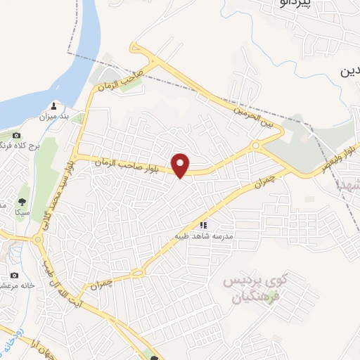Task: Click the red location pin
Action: tap(181, 165)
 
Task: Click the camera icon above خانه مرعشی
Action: tap(14, 275)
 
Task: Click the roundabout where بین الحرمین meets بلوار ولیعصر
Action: tap(257, 146)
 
